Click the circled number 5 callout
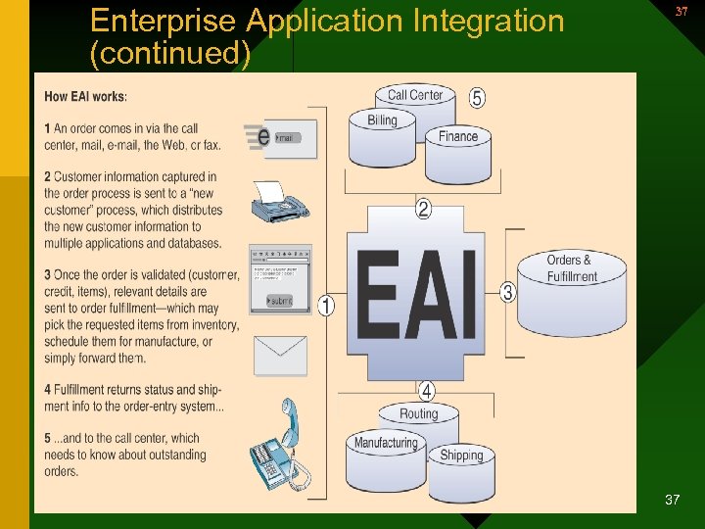(477, 98)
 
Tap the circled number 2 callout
(423, 209)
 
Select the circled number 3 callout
(507, 292)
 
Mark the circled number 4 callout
(427, 391)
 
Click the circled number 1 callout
(326, 306)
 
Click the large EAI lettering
(417, 294)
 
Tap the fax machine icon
(279, 203)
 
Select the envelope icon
(280, 356)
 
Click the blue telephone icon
(280, 450)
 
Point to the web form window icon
(280, 278)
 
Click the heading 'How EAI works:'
(86, 96)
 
